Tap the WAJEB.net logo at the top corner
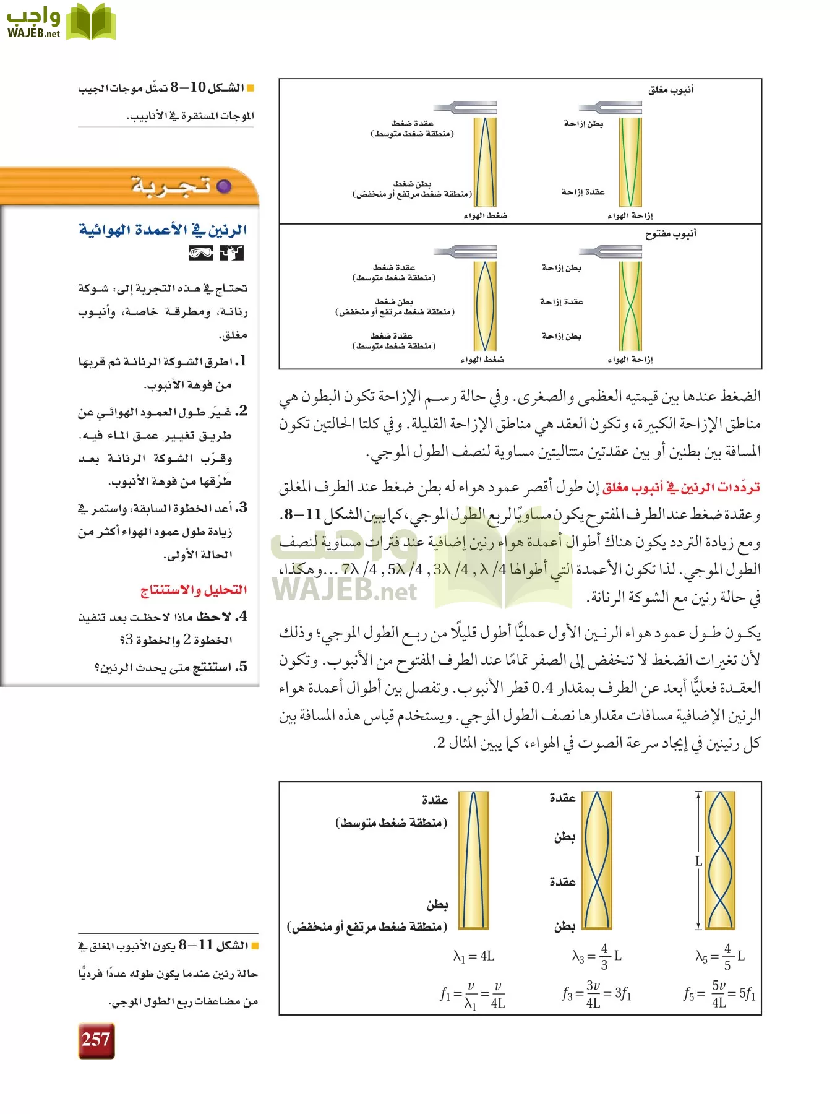pos(60,23)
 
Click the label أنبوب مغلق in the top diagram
pos(671,90)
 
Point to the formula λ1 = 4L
pos(473,956)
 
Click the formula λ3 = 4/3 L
pos(596,956)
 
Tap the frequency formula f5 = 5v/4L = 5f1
pos(719,994)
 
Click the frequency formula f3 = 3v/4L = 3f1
pos(596,994)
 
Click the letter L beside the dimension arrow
pos(698,861)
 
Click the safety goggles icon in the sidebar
pos(201,253)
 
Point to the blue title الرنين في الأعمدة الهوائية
pos(163,230)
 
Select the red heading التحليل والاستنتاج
pos(194,590)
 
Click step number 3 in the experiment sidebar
pos(242,507)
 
